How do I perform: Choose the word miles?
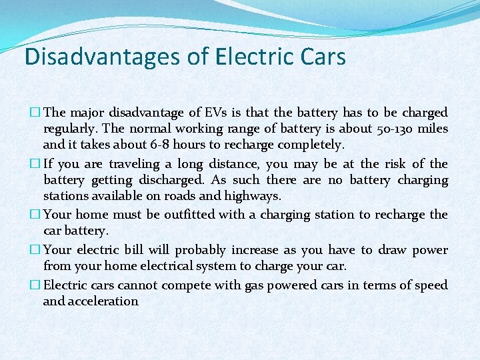[x=433, y=129]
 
